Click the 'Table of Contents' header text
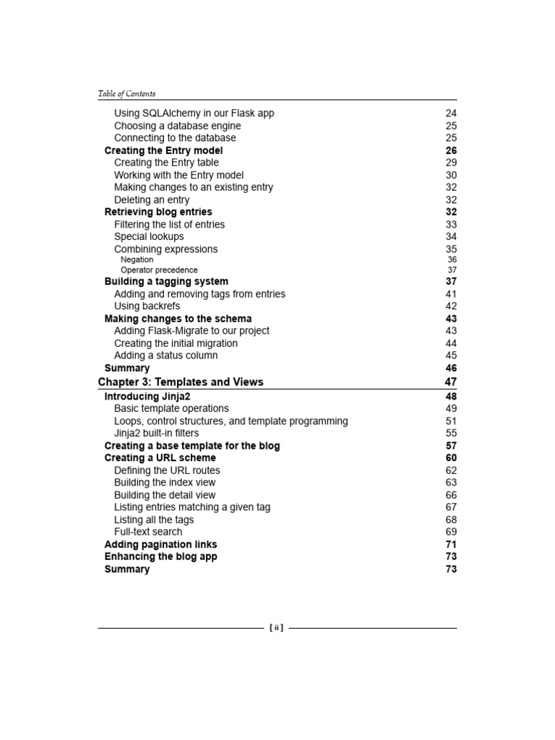126,93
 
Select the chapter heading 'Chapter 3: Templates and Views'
181,382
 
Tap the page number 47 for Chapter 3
451,382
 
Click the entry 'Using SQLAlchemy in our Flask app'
194,113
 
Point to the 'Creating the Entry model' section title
163,150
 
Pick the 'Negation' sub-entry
137,259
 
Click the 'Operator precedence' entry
159,270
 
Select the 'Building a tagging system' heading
166,281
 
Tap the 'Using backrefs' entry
147,306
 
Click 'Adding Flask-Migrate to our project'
192,330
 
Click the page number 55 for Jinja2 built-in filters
451,433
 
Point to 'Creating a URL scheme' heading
160,457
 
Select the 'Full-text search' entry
148,531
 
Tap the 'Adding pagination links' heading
160,544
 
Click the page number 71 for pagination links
451,544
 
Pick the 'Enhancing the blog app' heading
160,556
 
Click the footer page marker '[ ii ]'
276,628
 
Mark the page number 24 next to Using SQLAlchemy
451,113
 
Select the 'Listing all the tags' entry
154,520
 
